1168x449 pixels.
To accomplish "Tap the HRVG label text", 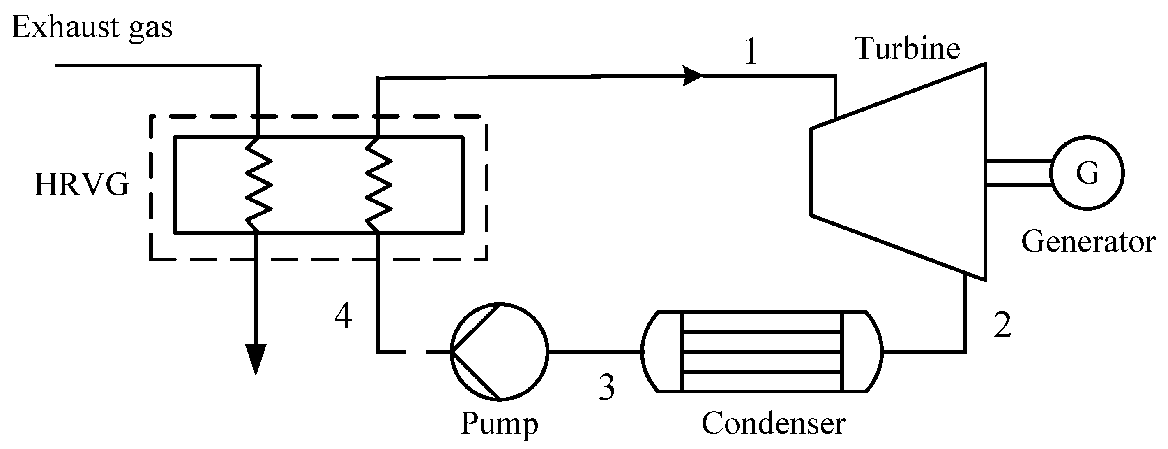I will point(82,185).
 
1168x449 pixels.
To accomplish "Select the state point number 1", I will point(751,52).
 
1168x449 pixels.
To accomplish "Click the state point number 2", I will point(1002,326).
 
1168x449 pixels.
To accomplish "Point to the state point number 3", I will point(607,387).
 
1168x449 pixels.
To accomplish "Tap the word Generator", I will point(1088,242).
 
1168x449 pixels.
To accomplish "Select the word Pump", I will point(499,423).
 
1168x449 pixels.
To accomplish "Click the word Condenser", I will point(774,423).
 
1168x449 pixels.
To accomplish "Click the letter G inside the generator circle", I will point(1087,173).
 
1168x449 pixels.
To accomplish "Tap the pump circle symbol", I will point(499,352).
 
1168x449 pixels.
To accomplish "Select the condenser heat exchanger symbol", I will point(762,351).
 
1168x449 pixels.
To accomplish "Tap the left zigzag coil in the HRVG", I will point(258,185).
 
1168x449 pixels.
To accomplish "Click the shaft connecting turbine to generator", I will point(1018,173).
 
